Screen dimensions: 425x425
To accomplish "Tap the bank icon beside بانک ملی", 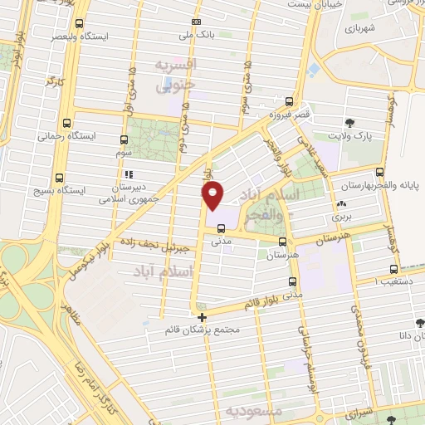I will pyautogui.click(x=196, y=22).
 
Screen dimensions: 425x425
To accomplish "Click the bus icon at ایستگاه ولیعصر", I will pyautogui.click(x=79, y=24).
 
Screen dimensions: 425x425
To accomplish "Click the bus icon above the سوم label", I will pyautogui.click(x=124, y=140).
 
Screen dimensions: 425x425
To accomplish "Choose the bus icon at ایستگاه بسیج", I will pyautogui.click(x=59, y=177).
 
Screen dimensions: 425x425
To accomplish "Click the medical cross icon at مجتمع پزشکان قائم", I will pyautogui.click(x=202, y=316).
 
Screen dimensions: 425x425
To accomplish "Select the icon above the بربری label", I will pyautogui.click(x=341, y=204).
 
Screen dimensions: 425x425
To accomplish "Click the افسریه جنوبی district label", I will pyautogui.click(x=178, y=74).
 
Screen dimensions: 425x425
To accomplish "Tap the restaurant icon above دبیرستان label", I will pyautogui.click(x=129, y=175).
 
